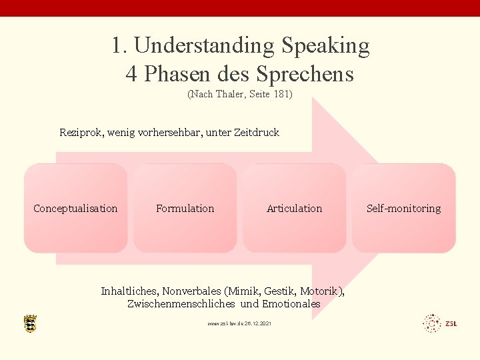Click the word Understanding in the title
click(204, 46)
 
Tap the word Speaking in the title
click(325, 46)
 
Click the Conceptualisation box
click(75, 209)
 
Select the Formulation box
click(185, 209)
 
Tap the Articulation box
click(294, 209)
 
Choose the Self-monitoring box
click(403, 209)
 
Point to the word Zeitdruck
click(257, 133)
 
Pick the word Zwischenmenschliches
click(181, 304)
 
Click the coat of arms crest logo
click(30, 323)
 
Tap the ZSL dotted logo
click(440, 323)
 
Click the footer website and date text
click(240, 323)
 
